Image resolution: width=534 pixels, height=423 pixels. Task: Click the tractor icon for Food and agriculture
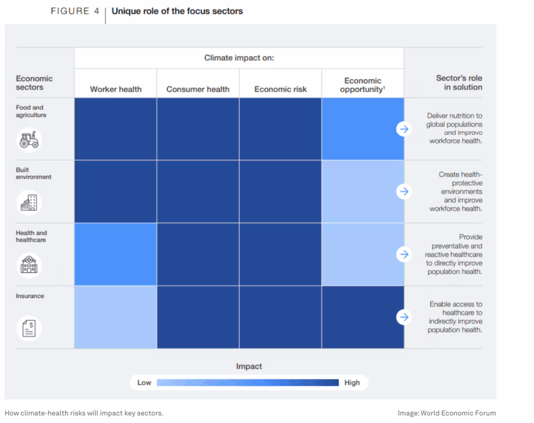pyautogui.click(x=29, y=140)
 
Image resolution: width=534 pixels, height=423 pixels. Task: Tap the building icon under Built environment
pyautogui.click(x=29, y=202)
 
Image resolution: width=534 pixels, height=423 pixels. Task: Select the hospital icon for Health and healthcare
pyautogui.click(x=29, y=265)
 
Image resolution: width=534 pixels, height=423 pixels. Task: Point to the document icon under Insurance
pyautogui.click(x=29, y=328)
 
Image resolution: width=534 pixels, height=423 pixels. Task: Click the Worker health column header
pyautogui.click(x=116, y=89)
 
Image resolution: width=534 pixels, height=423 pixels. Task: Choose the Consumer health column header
pyautogui.click(x=198, y=89)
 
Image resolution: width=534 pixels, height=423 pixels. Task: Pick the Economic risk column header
pyautogui.click(x=281, y=89)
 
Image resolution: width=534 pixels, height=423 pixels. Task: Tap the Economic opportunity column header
pyautogui.click(x=363, y=85)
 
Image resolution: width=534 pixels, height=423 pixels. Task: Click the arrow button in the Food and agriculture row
pyautogui.click(x=404, y=129)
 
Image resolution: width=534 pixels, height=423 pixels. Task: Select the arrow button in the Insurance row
pyautogui.click(x=404, y=317)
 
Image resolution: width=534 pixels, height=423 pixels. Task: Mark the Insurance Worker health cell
pyautogui.click(x=115, y=317)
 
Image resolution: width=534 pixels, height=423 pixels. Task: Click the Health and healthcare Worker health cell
pyautogui.click(x=115, y=254)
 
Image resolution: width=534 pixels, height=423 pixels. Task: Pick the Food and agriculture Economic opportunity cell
pyautogui.click(x=363, y=129)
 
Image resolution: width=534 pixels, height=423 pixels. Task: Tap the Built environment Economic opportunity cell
pyautogui.click(x=363, y=191)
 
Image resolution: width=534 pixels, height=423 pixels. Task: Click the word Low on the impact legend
pyautogui.click(x=144, y=382)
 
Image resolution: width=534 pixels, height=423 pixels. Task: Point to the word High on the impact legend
pyautogui.click(x=352, y=382)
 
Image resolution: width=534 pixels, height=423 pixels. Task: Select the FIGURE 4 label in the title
pyautogui.click(x=75, y=11)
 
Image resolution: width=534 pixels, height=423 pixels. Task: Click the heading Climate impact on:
pyautogui.click(x=239, y=58)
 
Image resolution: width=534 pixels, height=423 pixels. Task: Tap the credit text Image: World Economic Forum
pyautogui.click(x=446, y=413)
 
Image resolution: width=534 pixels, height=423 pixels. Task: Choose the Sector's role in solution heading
pyautogui.click(x=459, y=82)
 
